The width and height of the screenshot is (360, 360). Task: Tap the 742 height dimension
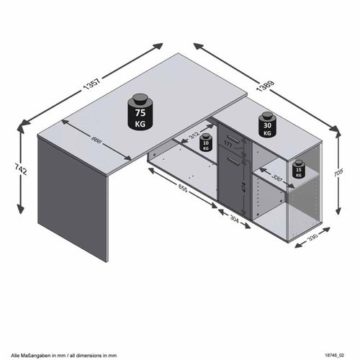point(21,171)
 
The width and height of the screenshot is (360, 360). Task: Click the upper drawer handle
point(232,135)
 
